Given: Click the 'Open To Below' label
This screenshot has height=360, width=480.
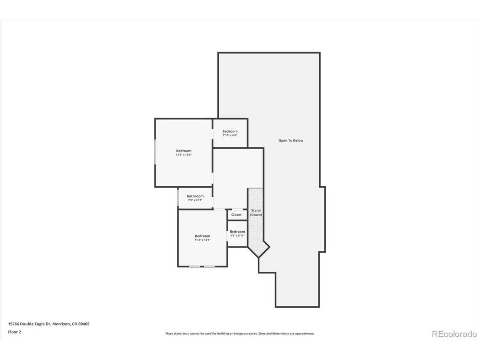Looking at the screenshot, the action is [x=291, y=140].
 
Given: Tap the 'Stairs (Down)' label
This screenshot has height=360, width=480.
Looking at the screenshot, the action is [x=256, y=212].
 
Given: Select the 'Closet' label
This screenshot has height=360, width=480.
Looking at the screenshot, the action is [x=237, y=214].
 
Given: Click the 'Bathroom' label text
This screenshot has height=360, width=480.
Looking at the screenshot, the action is [x=195, y=196].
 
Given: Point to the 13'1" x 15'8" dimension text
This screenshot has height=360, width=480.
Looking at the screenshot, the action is [x=184, y=155].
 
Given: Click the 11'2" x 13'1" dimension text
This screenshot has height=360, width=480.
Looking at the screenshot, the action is [x=203, y=240].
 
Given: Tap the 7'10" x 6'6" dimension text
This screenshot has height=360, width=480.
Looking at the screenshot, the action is [x=230, y=135].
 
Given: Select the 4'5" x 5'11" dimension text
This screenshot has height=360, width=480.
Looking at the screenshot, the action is [x=237, y=236].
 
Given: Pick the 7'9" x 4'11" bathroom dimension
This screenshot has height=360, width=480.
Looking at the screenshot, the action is [x=195, y=200].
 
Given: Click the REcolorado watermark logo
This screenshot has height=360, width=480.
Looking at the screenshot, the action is [x=454, y=334].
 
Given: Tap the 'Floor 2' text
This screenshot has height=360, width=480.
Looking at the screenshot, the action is [x=15, y=332].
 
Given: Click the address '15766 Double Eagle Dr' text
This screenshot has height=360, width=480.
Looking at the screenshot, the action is [x=29, y=324].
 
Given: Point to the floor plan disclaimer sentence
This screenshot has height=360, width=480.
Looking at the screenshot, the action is [x=240, y=334].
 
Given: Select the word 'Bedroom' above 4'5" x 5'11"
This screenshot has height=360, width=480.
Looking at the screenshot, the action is [x=237, y=232].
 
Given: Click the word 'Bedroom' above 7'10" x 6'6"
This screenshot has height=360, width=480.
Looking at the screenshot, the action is [x=230, y=131].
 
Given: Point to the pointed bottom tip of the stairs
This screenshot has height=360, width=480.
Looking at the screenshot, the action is [x=259, y=257].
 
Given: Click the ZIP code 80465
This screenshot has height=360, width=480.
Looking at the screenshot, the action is [x=84, y=324].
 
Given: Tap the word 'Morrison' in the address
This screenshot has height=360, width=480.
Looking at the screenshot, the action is [x=61, y=324].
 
